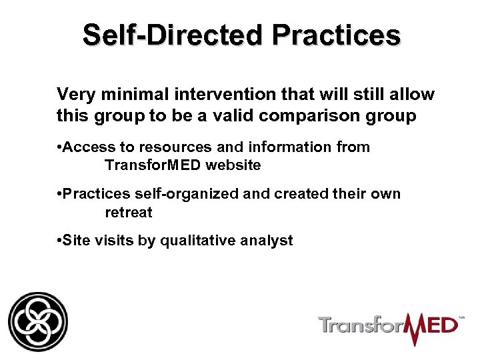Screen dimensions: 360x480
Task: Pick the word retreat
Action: click(129, 214)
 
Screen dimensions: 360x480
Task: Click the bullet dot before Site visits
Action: click(59, 240)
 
